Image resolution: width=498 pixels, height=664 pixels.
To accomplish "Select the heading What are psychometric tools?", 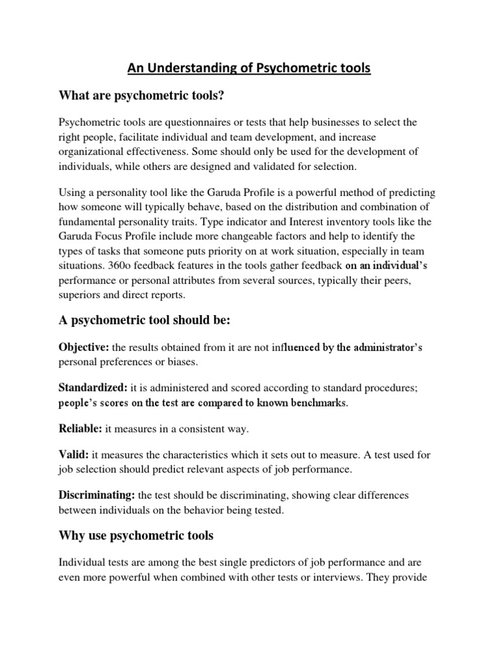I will [142, 95].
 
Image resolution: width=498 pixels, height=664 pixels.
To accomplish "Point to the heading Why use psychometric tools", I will [136, 536].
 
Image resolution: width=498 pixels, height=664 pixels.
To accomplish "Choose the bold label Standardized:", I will [93, 388].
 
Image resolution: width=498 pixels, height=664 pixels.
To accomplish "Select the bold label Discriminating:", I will [97, 496].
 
